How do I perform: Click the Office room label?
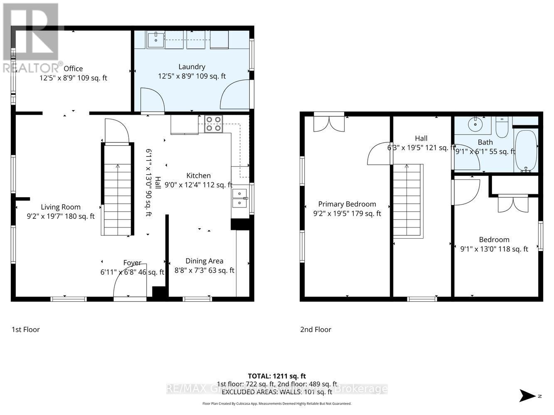(73, 68)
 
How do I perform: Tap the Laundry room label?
(192, 66)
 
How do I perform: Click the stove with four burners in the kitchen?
(214, 124)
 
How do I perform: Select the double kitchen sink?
(239, 198)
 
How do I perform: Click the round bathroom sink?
(475, 123)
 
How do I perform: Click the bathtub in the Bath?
(526, 150)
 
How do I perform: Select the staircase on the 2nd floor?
(408, 201)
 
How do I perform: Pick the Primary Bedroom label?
(347, 204)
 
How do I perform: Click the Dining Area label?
(204, 261)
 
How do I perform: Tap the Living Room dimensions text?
(61, 216)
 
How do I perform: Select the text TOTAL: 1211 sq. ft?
(277, 376)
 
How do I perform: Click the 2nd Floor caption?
(315, 330)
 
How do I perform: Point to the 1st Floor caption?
(25, 330)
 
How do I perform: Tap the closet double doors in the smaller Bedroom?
(512, 203)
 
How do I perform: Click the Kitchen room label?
(198, 176)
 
